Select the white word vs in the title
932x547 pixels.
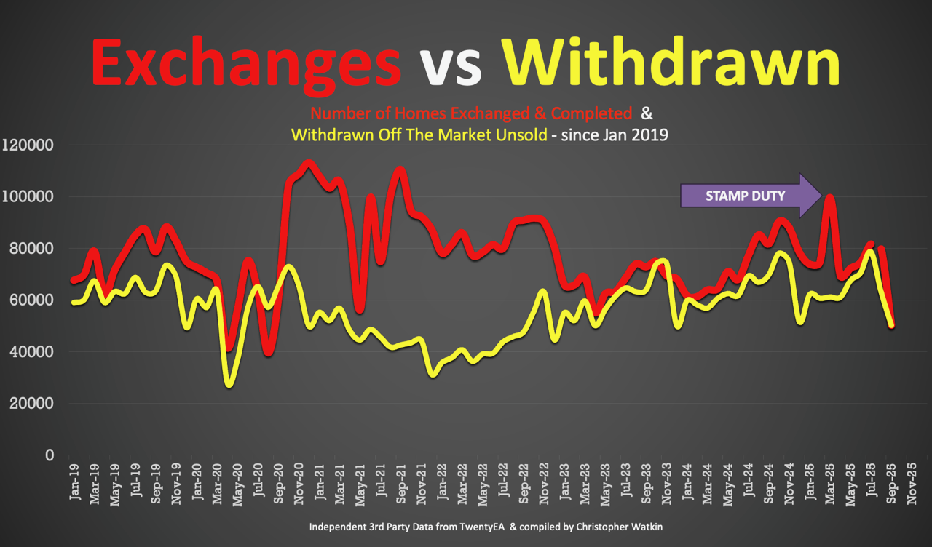(x=451, y=65)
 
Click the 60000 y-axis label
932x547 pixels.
(x=31, y=300)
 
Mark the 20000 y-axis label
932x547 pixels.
(x=31, y=404)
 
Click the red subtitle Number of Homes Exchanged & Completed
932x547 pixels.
(x=470, y=114)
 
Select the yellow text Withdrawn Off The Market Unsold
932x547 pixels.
(x=419, y=135)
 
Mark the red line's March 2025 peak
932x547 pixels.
(x=829, y=196)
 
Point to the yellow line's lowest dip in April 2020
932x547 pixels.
(x=230, y=383)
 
